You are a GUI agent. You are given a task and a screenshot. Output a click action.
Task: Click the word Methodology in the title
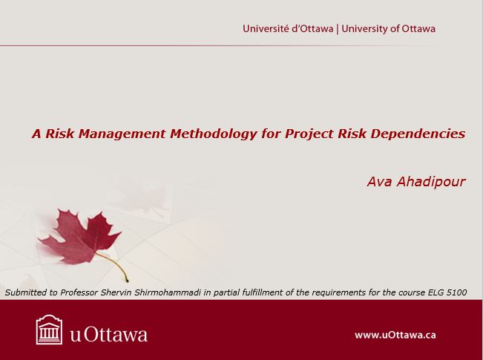(x=213, y=134)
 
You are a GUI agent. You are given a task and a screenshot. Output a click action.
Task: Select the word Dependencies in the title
(x=418, y=134)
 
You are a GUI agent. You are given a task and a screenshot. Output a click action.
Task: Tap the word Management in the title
(x=124, y=134)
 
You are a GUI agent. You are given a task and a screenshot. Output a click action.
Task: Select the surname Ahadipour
(x=431, y=181)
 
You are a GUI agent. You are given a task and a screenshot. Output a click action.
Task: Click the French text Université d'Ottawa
(x=288, y=29)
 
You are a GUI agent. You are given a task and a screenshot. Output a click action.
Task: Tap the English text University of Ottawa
(x=389, y=29)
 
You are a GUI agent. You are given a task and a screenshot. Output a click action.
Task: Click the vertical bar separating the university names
(x=338, y=29)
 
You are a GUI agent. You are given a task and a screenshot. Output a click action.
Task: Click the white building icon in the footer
(x=49, y=330)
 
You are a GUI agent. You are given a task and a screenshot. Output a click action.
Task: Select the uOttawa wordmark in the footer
(x=109, y=335)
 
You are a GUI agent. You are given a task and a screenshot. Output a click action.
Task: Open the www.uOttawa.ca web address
(x=395, y=335)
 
